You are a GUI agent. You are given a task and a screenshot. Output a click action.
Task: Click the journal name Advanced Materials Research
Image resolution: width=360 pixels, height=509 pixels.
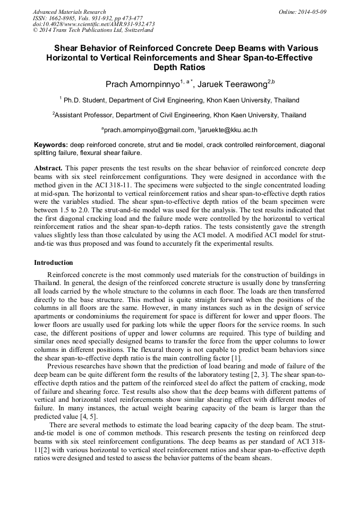point(69,12)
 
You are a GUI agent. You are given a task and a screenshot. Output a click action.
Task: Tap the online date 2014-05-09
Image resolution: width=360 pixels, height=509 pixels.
point(311,12)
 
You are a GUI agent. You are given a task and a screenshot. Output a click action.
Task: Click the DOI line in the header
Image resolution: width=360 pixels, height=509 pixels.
point(93,24)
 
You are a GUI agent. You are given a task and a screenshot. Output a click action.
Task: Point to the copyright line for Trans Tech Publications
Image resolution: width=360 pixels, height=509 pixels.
point(93,30)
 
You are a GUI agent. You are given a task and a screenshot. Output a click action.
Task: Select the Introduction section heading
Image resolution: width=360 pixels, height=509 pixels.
point(54,263)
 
